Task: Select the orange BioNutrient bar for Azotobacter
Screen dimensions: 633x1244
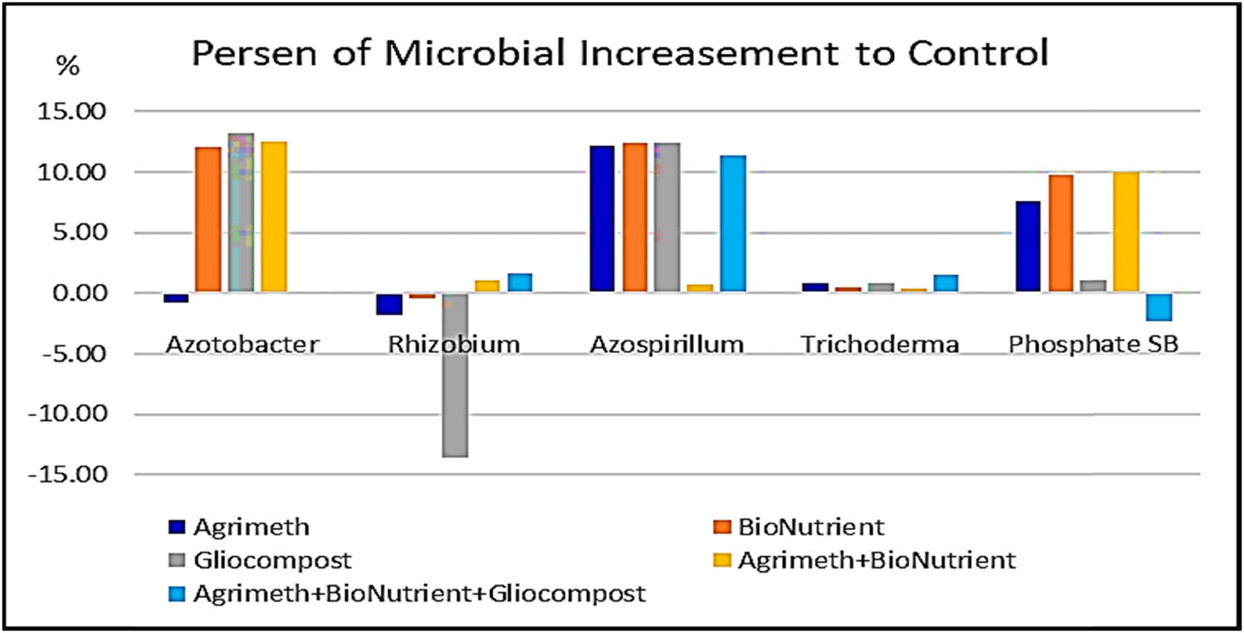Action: coord(208,220)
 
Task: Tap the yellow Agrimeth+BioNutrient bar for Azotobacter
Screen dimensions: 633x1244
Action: coord(274,217)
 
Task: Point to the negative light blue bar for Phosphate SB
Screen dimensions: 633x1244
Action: coord(1159,307)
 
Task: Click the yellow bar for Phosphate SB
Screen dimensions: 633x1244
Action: coord(1125,232)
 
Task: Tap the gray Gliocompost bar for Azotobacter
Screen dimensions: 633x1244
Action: coord(241,213)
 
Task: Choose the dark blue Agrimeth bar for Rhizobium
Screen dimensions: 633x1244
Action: coord(389,304)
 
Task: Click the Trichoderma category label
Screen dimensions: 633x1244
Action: coord(880,345)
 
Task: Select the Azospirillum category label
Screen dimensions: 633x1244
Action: coord(667,345)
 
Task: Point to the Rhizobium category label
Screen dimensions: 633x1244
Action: coord(454,345)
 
